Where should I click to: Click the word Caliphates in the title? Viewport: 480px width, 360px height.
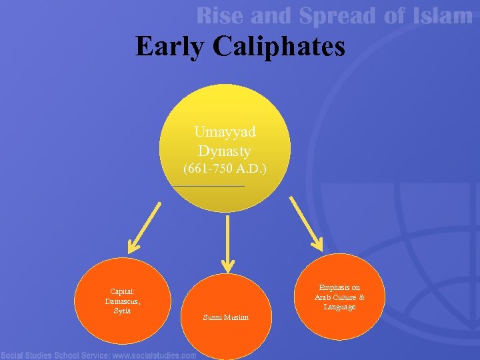[280, 47]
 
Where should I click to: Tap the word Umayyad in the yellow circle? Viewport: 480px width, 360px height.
[225, 132]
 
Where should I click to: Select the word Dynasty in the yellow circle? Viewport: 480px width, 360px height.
[225, 151]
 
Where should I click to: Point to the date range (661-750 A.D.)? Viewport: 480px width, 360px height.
[225, 169]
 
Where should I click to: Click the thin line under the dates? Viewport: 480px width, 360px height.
[208, 185]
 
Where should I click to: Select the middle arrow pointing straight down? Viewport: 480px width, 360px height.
[228, 243]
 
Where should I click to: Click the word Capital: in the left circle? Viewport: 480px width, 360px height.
[123, 291]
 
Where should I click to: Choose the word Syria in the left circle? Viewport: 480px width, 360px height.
[122, 311]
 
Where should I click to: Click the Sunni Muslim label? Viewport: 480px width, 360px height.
[226, 317]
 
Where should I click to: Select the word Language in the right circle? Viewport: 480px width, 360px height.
[340, 307]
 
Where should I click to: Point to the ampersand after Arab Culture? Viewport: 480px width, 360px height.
[361, 297]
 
